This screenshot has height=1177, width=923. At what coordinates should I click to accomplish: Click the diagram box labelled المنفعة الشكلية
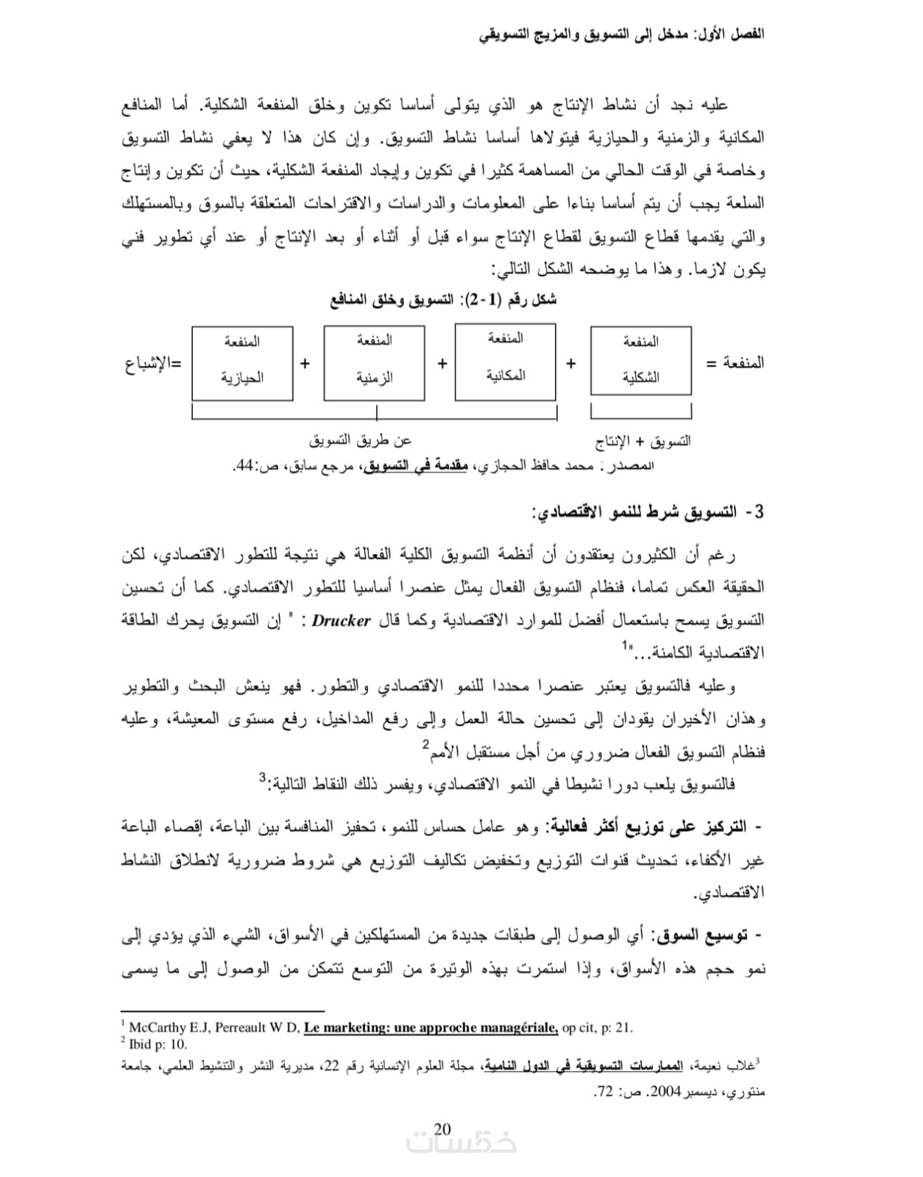coord(640,361)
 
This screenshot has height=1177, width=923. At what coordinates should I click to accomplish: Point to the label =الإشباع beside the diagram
coord(153,364)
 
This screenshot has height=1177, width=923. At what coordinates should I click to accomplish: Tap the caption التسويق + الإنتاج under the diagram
coord(643,442)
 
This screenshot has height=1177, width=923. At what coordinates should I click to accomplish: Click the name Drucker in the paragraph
coord(341,621)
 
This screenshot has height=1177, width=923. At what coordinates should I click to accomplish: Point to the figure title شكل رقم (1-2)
coord(443,300)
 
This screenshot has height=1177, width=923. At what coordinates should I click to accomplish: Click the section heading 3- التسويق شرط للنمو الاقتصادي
coord(648,512)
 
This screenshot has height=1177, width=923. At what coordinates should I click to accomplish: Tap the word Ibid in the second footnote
coord(140,1044)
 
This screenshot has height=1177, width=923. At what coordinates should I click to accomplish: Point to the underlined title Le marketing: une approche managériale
coord(431,1028)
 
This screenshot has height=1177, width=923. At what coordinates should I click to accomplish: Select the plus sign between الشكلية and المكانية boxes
coord(571,364)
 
